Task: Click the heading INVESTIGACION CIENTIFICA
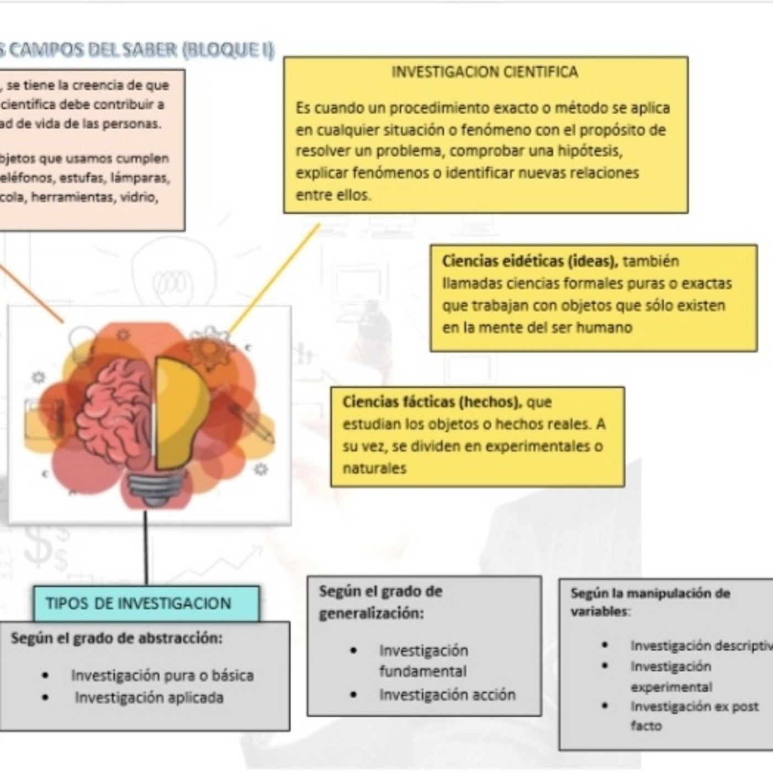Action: click(x=484, y=72)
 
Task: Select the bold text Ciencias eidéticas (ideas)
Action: click(x=530, y=261)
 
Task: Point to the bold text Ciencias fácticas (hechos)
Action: click(x=431, y=402)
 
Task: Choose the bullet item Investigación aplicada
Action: click(x=149, y=698)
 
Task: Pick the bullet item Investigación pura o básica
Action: click(x=162, y=675)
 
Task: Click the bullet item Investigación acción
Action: click(x=447, y=695)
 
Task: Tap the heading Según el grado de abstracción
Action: click(x=117, y=638)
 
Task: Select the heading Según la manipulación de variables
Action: click(x=650, y=601)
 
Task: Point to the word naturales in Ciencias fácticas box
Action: click(x=374, y=468)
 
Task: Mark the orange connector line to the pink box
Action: click(x=30, y=293)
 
